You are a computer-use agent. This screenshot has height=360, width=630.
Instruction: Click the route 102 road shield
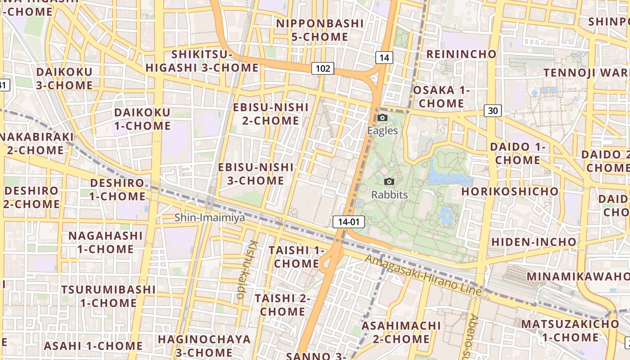point(323,68)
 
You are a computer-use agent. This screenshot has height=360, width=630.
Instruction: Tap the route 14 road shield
point(384,57)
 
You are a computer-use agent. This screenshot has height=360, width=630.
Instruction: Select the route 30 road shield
point(493,111)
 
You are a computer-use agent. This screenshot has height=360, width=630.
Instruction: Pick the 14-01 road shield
point(349,221)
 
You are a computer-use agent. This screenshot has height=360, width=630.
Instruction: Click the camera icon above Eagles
point(382,118)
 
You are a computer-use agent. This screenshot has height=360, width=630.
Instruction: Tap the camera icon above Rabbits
point(390,181)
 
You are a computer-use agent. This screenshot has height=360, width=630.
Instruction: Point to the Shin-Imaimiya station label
point(210,218)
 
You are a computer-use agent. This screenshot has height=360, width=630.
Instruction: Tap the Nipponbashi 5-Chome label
point(320,30)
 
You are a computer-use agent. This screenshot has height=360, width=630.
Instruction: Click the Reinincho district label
point(461,54)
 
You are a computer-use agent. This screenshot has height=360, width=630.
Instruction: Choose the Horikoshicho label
point(510,191)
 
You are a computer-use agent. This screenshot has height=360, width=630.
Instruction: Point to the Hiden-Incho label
point(534,242)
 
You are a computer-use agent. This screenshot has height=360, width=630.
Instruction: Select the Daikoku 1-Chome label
point(142,119)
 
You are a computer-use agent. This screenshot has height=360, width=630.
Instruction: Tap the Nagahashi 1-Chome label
point(105,242)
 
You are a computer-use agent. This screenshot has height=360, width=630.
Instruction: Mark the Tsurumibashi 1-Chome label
point(108,296)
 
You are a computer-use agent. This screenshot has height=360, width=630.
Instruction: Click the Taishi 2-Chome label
point(283,305)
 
